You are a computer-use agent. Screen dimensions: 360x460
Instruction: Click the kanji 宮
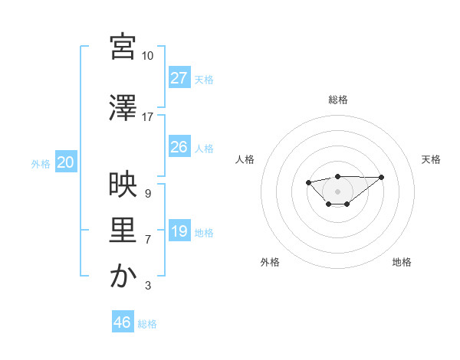click(x=123, y=47)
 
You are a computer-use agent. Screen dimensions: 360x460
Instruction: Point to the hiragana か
click(x=123, y=277)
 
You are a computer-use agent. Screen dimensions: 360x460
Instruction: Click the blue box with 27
click(x=179, y=77)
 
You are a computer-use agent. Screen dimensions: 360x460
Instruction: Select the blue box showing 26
click(x=179, y=147)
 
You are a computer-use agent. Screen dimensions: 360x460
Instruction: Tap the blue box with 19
click(x=179, y=231)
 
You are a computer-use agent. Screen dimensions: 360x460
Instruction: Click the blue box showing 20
click(x=66, y=162)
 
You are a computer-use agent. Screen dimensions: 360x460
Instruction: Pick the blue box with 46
click(x=122, y=322)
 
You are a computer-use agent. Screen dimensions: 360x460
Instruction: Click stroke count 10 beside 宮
click(x=147, y=56)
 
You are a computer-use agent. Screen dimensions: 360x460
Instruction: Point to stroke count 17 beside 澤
click(x=147, y=117)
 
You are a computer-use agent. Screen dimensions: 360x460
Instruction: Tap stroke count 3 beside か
click(x=147, y=286)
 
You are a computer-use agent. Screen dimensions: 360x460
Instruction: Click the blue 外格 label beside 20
click(x=41, y=163)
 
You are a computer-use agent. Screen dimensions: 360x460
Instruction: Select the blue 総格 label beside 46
click(x=147, y=323)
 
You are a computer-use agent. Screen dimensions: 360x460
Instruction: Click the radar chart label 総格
click(x=337, y=100)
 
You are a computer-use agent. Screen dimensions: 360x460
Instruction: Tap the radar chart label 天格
click(x=432, y=159)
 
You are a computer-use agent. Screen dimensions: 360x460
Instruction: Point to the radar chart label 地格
click(x=402, y=262)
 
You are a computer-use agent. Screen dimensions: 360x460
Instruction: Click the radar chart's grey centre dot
click(x=337, y=191)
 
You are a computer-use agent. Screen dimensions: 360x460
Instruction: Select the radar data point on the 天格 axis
click(x=382, y=177)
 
